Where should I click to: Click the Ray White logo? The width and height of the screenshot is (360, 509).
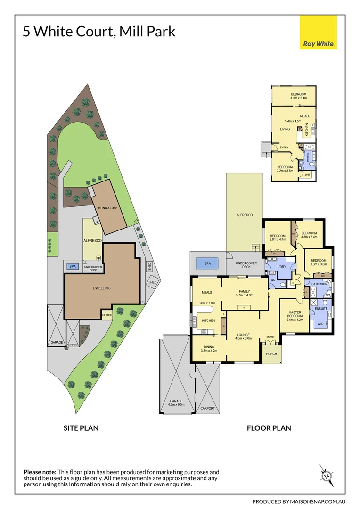(x=318, y=33)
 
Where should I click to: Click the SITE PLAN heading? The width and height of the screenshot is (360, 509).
(x=81, y=428)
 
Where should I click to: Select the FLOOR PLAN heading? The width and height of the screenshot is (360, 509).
(x=269, y=428)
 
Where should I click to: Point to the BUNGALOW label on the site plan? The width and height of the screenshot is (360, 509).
(x=107, y=207)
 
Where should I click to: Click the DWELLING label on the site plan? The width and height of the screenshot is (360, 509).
(x=102, y=288)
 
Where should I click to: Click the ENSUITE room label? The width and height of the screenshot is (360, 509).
(x=321, y=308)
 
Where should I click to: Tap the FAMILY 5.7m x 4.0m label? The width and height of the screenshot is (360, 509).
(x=244, y=293)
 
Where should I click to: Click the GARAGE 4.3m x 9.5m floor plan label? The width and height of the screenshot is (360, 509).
(x=177, y=402)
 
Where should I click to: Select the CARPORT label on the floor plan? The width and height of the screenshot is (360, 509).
(x=207, y=408)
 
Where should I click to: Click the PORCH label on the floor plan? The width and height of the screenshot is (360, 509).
(x=271, y=353)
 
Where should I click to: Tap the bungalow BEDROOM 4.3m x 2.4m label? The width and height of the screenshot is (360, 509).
(x=298, y=96)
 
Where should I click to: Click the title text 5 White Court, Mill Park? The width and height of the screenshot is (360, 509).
(x=99, y=32)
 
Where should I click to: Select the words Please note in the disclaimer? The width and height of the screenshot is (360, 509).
(x=40, y=472)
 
